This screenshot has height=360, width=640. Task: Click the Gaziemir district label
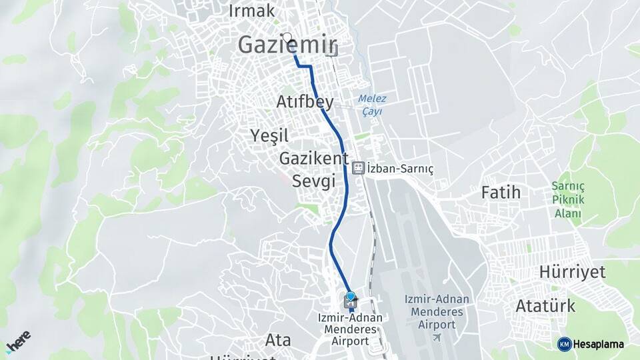pos(285,45)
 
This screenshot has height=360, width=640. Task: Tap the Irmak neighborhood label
pos(251,11)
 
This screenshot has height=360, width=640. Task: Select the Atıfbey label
pos(305,102)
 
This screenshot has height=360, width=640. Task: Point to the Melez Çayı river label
pos(372,105)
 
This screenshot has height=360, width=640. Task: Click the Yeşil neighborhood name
pos(269,136)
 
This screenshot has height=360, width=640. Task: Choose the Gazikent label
pos(313,159)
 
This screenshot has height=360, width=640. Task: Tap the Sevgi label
pos(313,181)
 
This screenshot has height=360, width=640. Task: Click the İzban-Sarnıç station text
pos(400,169)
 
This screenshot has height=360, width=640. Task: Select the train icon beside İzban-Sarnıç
pos(358,167)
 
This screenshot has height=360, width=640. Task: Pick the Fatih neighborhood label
pos(501,193)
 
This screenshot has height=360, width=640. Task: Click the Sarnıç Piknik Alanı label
pos(568,199)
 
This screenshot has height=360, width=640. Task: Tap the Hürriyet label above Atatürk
pos(572,272)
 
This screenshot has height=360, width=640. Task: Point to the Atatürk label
pos(545,306)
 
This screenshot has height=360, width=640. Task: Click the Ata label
pos(278,340)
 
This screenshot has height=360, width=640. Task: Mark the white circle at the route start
pos(287,38)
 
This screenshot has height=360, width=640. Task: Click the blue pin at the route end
pos(351,297)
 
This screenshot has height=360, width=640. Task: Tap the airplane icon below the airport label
pos(437,337)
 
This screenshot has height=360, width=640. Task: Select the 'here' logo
pos(18,341)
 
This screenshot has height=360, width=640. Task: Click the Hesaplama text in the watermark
pos(599,344)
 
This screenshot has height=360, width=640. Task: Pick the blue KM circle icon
pos(564,344)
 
